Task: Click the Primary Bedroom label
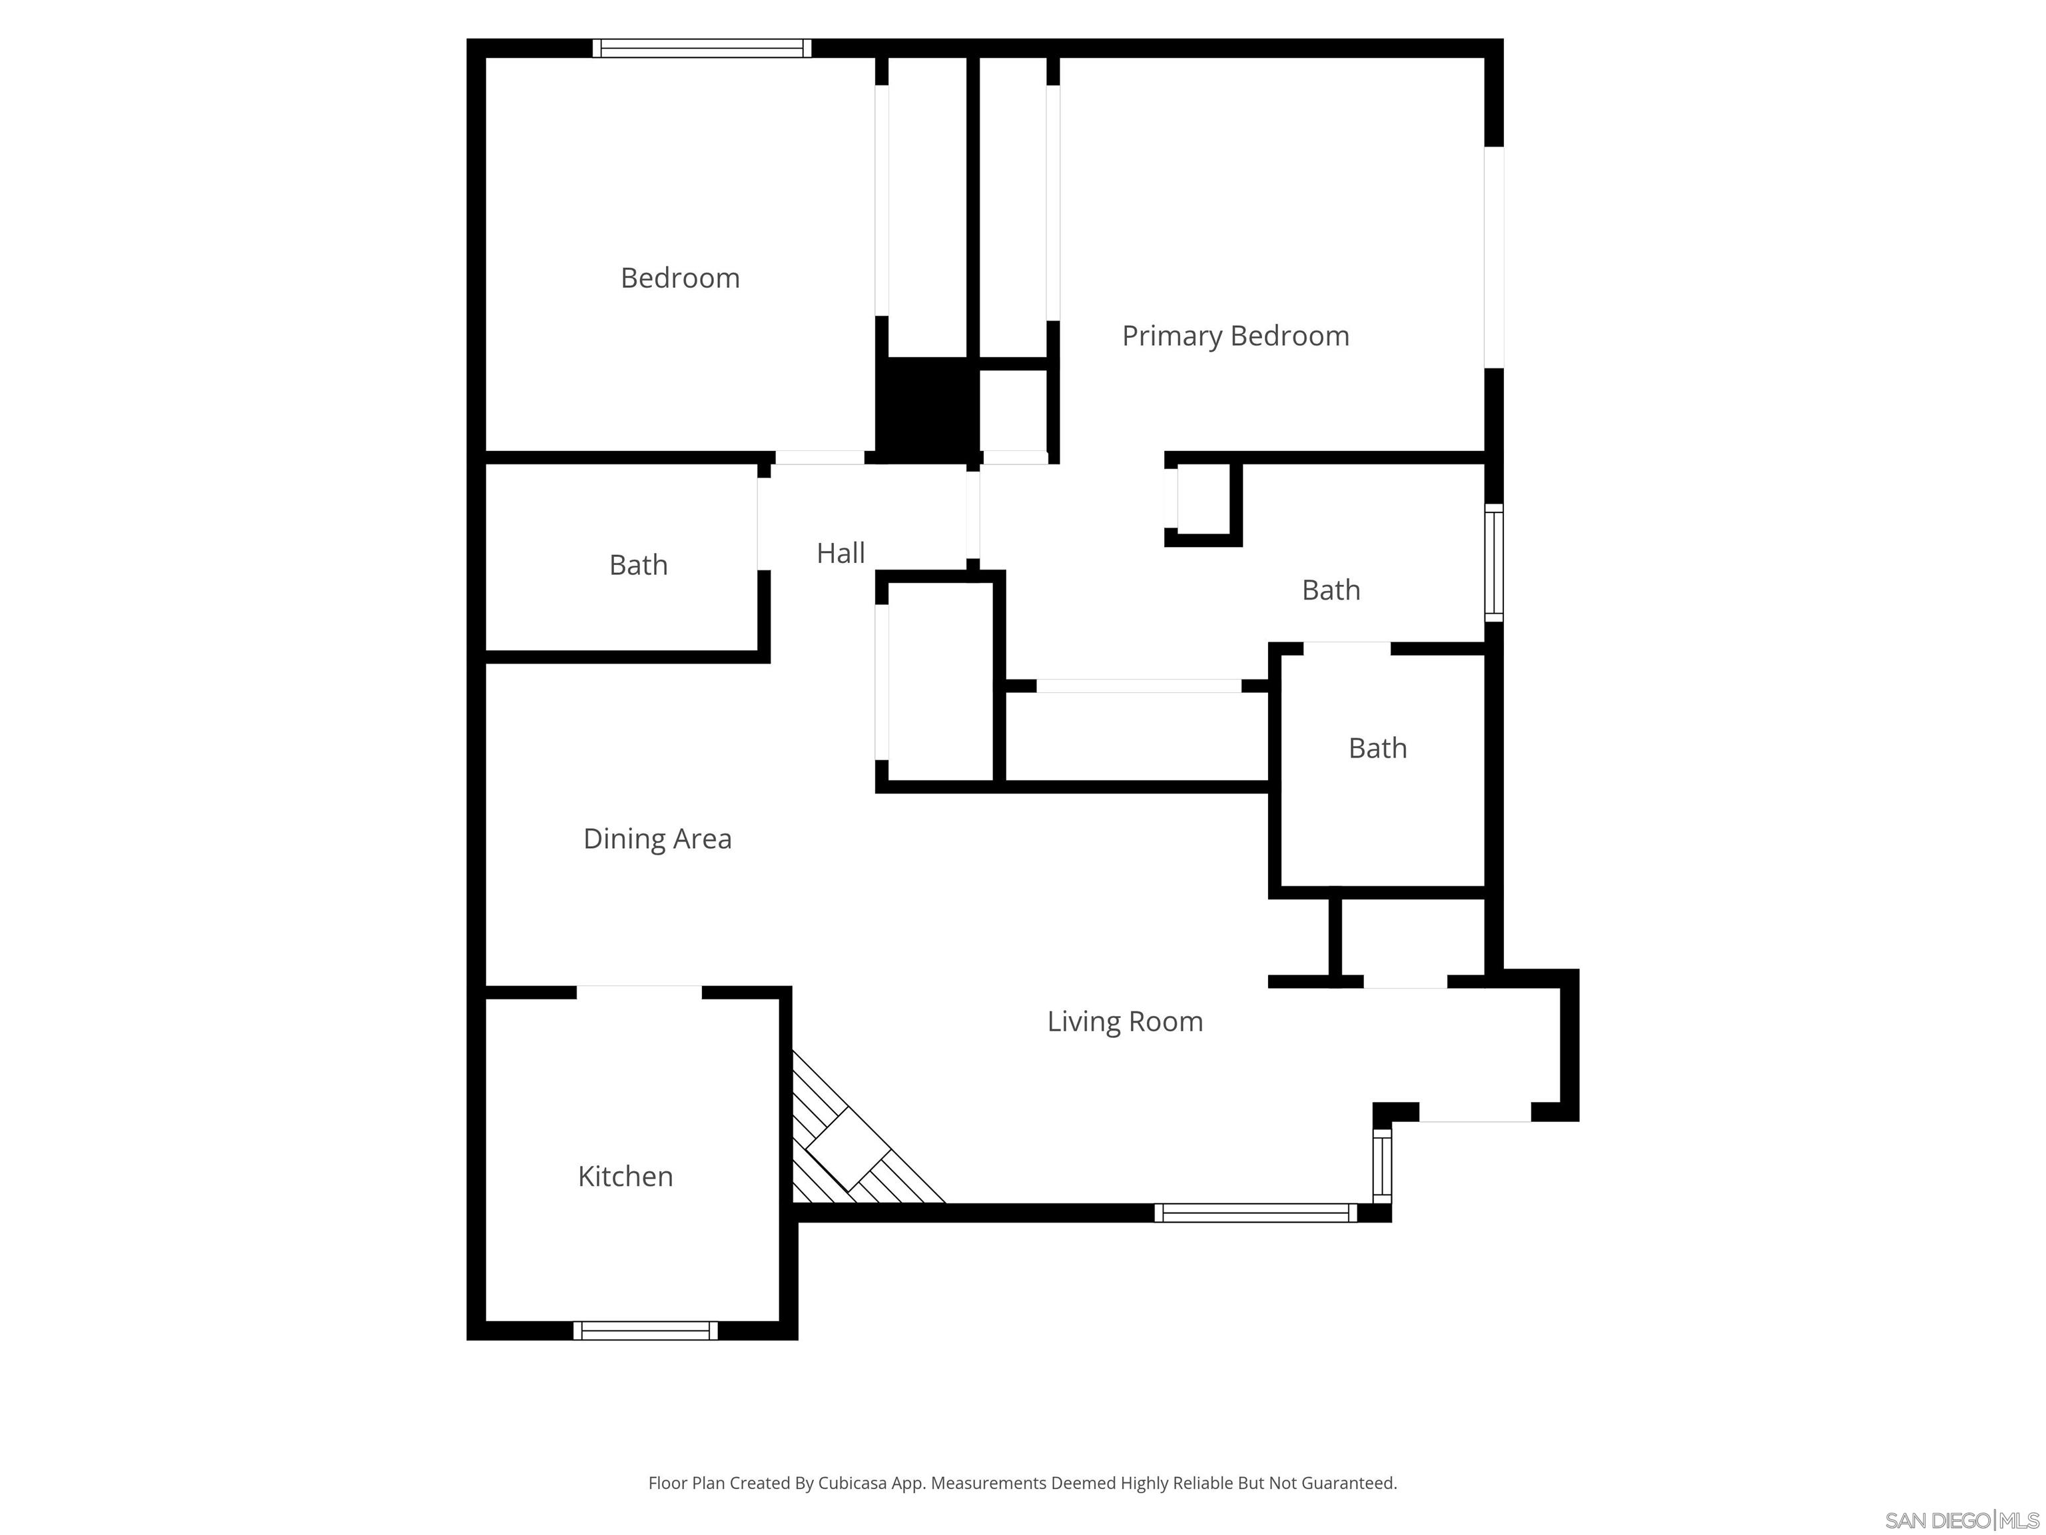pyautogui.click(x=1235, y=336)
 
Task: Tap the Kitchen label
pyautogui.click(x=625, y=1176)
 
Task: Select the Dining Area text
pyautogui.click(x=657, y=838)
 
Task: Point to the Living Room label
pyautogui.click(x=1125, y=1021)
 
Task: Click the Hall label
pyautogui.click(x=840, y=553)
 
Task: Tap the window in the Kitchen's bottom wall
pyautogui.click(x=645, y=1330)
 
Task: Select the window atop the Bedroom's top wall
pyautogui.click(x=701, y=48)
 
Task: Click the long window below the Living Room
pyautogui.click(x=1255, y=1213)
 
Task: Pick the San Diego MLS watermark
pyautogui.click(x=1961, y=1520)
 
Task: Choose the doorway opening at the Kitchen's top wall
pyautogui.click(x=639, y=993)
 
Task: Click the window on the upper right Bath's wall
pyautogui.click(x=1493, y=562)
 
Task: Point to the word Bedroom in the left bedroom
pyautogui.click(x=680, y=278)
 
